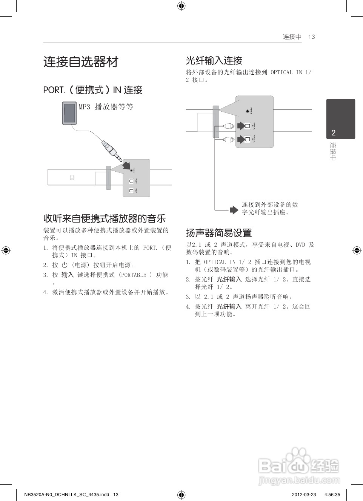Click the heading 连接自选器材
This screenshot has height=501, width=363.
81,62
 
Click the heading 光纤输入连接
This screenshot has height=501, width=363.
214,61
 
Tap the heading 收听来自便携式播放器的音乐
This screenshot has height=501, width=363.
105,218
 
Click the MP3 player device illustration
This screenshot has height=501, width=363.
69,113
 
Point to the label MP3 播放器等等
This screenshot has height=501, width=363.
106,107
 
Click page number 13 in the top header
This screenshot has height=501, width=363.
311,37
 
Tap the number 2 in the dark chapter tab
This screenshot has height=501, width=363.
334,132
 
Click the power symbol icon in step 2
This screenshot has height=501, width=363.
65,265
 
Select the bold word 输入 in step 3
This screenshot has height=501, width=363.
68,275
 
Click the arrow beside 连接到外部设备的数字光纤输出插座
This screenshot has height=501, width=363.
234,210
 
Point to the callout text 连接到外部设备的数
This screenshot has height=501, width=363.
270,204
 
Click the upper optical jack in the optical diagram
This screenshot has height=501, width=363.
247,126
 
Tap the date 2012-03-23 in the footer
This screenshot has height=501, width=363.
304,495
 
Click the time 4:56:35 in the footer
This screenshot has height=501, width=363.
332,495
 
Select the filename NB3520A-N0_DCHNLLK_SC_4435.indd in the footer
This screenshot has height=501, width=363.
66,495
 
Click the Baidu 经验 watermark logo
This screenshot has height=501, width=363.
299,467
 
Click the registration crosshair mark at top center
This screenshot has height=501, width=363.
181,6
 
